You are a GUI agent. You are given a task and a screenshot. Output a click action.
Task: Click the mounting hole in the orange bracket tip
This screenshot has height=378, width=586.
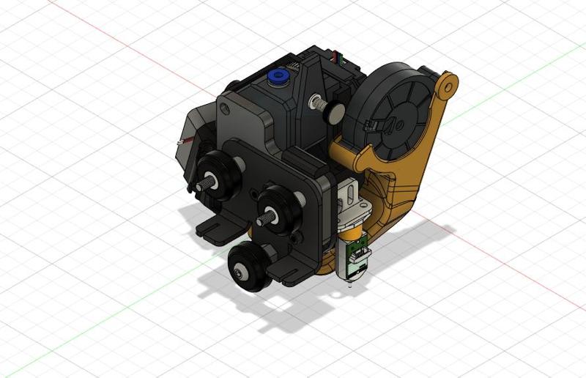tap(446, 86)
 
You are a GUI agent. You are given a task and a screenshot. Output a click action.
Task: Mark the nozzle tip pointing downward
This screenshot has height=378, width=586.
tap(349, 286)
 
